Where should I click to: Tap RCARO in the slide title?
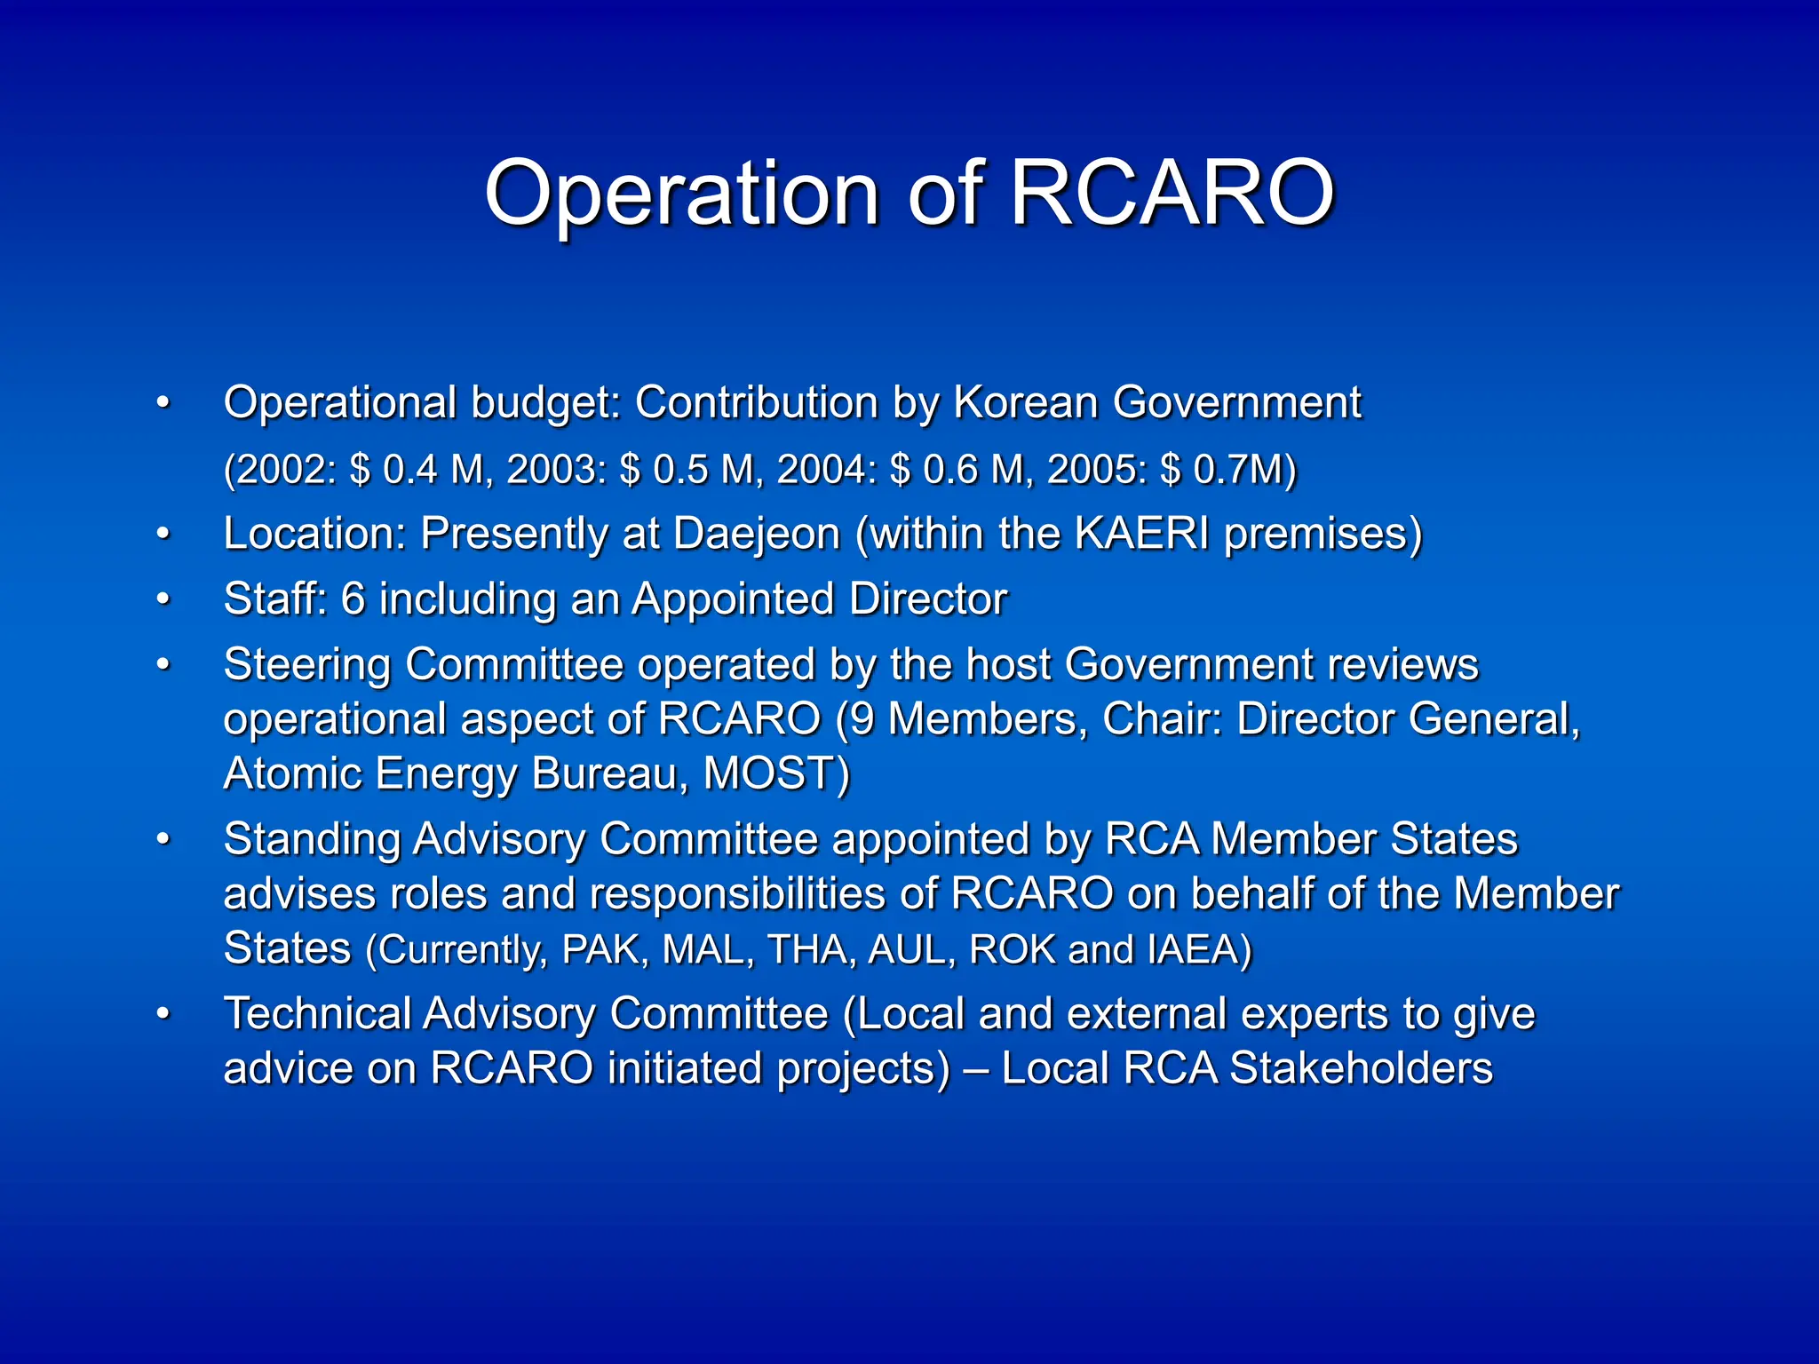(x=1172, y=194)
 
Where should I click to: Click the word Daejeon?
(x=756, y=535)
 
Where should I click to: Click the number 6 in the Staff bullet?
(x=353, y=599)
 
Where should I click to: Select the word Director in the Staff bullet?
(x=928, y=599)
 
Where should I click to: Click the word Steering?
(x=306, y=665)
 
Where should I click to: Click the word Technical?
(x=317, y=1014)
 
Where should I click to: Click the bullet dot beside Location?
(x=163, y=535)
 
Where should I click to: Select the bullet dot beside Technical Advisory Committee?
(x=163, y=1014)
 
